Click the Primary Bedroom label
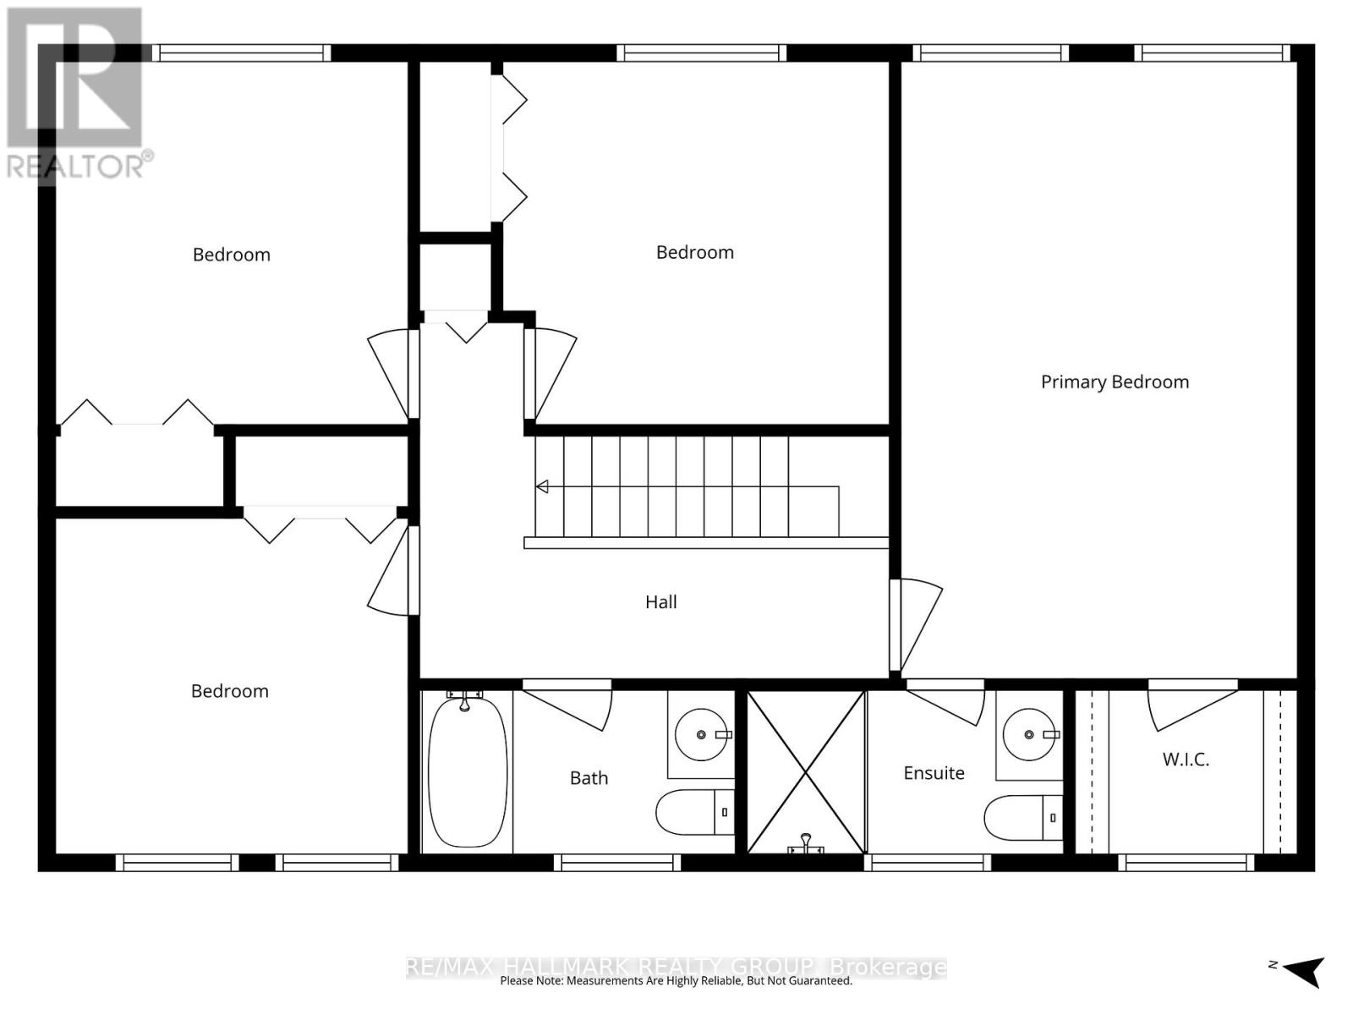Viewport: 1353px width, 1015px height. (x=1115, y=382)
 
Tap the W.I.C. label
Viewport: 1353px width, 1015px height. (x=1186, y=760)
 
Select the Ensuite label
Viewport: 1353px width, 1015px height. (x=934, y=773)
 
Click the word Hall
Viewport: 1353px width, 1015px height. (x=660, y=602)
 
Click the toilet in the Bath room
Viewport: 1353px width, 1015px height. (x=693, y=812)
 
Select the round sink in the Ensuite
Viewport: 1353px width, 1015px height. (x=1030, y=735)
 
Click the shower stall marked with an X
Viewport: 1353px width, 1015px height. (x=806, y=772)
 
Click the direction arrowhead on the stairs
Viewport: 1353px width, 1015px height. (x=542, y=486)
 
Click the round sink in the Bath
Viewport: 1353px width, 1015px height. (x=702, y=735)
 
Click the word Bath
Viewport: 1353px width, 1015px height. (x=589, y=778)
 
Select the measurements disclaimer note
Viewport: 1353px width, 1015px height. (x=676, y=981)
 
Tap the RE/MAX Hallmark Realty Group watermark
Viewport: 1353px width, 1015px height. (x=676, y=967)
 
